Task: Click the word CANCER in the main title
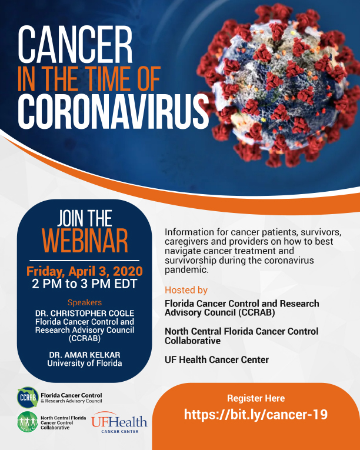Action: click(75, 45)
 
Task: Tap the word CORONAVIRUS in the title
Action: click(114, 111)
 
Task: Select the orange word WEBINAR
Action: click(85, 241)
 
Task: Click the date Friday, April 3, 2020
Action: click(84, 271)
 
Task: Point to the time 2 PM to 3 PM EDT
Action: click(84, 284)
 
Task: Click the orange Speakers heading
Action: click(84, 302)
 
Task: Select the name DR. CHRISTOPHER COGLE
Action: click(84, 313)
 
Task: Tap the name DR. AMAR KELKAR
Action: click(84, 355)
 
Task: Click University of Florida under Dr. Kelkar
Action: click(84, 363)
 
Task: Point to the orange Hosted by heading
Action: click(186, 290)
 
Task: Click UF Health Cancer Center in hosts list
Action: click(216, 359)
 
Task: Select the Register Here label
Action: click(256, 398)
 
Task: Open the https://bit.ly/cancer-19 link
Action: click(256, 415)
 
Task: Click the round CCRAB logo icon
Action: click(28, 398)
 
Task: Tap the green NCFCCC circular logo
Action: click(28, 422)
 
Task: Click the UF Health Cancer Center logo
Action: click(119, 422)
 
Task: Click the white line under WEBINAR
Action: click(84, 261)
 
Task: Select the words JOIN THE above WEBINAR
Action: click(84, 218)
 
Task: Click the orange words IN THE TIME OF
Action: click(89, 79)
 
